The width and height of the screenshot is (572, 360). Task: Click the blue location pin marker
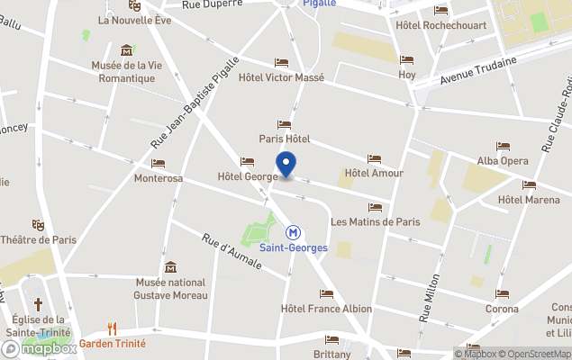(x=286, y=165)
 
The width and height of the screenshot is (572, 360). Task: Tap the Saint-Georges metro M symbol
(x=294, y=231)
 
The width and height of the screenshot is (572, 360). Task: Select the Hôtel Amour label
(x=374, y=173)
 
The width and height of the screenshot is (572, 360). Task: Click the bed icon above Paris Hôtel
(x=285, y=124)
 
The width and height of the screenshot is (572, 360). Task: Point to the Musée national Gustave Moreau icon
(x=170, y=267)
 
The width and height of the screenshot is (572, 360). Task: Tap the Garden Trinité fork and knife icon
(x=113, y=328)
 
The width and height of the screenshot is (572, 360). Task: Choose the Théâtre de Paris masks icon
(x=38, y=224)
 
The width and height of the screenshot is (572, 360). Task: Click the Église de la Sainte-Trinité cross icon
(x=38, y=305)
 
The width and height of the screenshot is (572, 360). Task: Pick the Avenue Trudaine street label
(x=478, y=72)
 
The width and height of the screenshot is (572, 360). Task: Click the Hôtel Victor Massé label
(x=280, y=77)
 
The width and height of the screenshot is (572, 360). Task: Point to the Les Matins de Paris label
(x=376, y=221)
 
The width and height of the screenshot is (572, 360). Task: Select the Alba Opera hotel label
(x=503, y=160)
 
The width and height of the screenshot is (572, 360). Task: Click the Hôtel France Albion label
(x=326, y=309)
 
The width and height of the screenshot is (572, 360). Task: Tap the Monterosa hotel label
(x=159, y=178)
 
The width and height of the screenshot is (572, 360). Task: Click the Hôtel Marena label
(x=529, y=199)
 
